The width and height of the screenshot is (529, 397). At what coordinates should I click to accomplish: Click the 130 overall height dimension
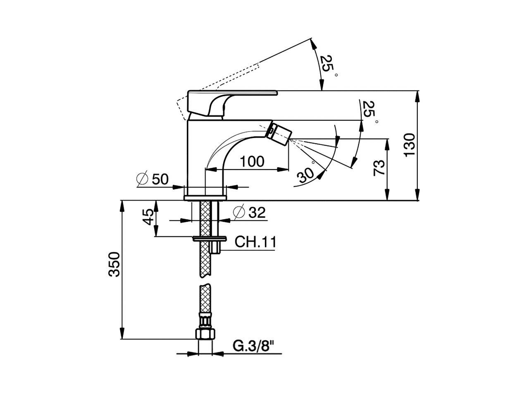pyautogui.click(x=409, y=145)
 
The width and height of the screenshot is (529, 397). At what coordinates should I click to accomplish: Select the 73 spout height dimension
pyautogui.click(x=379, y=167)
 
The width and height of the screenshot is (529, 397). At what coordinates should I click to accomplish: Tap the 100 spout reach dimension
pyautogui.click(x=252, y=161)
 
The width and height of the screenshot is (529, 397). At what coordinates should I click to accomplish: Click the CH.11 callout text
pyautogui.click(x=255, y=242)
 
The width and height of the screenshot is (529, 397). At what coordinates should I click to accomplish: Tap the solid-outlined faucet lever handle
pyautogui.click(x=223, y=99)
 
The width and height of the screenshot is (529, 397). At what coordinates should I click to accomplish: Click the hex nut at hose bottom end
pyautogui.click(x=205, y=334)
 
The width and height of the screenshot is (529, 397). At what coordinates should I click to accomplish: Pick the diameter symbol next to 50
pyautogui.click(x=142, y=179)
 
